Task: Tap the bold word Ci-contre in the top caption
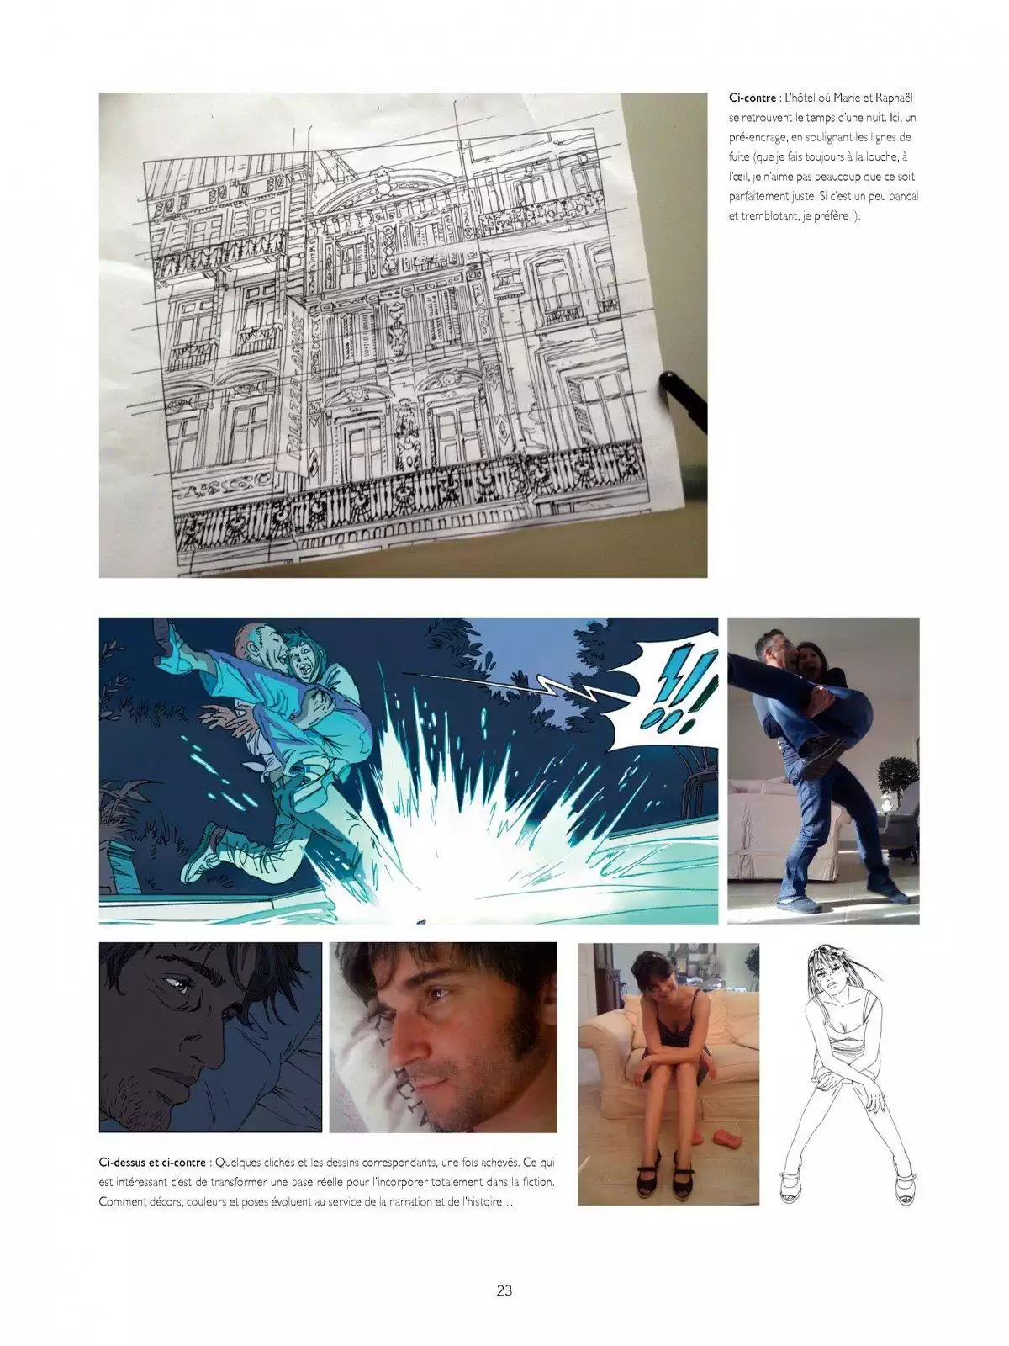pyautogui.click(x=753, y=98)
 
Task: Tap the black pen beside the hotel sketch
pyautogui.click(x=683, y=402)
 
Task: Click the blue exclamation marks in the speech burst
pyautogui.click(x=678, y=690)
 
